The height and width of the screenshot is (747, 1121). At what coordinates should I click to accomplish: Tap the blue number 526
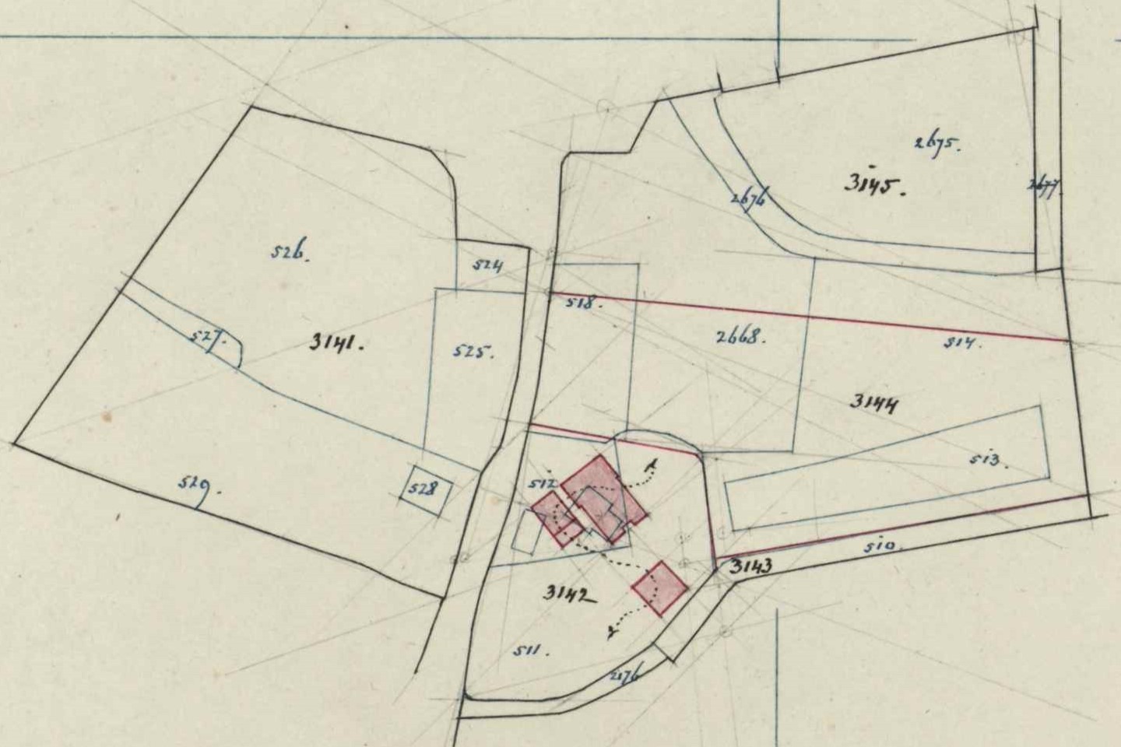tap(290, 253)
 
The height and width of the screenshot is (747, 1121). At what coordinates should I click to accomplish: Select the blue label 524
tap(488, 265)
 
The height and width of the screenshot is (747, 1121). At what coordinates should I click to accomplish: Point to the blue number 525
tap(473, 352)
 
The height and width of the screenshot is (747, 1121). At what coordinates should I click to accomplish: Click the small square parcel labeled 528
tap(425, 490)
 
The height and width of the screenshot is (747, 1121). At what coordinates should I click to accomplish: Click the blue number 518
tap(585, 303)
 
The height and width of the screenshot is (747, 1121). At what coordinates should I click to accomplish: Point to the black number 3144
tap(874, 402)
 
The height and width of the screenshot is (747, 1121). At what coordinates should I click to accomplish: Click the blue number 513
tap(988, 461)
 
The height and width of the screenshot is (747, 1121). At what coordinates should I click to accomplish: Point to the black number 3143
tap(750, 566)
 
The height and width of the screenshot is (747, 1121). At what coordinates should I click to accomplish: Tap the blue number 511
tap(532, 650)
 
